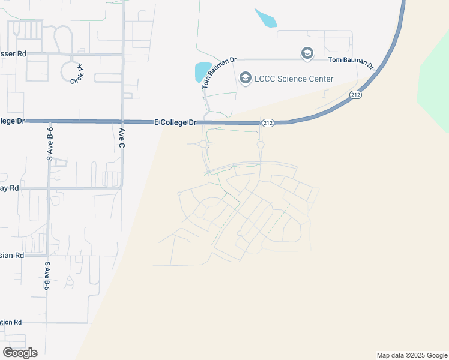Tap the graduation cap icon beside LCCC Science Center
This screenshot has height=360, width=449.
pos(245,78)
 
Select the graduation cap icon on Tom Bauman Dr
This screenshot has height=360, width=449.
pos(307,54)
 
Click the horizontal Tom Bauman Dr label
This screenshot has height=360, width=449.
pos(351,61)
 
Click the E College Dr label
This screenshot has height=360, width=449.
pos(176,122)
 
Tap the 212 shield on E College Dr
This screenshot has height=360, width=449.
pos(268,123)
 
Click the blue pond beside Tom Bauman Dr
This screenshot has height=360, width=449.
pos(202,72)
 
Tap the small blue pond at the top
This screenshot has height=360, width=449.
pos(265,18)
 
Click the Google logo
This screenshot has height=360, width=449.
pos(20,353)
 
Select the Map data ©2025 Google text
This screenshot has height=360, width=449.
pos(412,355)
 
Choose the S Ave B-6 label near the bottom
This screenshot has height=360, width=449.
pos(47,275)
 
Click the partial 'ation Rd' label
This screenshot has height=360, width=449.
pos(11,322)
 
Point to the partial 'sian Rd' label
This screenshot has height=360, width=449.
pos(12,255)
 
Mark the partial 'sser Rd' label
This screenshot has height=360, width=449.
pos(13,54)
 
